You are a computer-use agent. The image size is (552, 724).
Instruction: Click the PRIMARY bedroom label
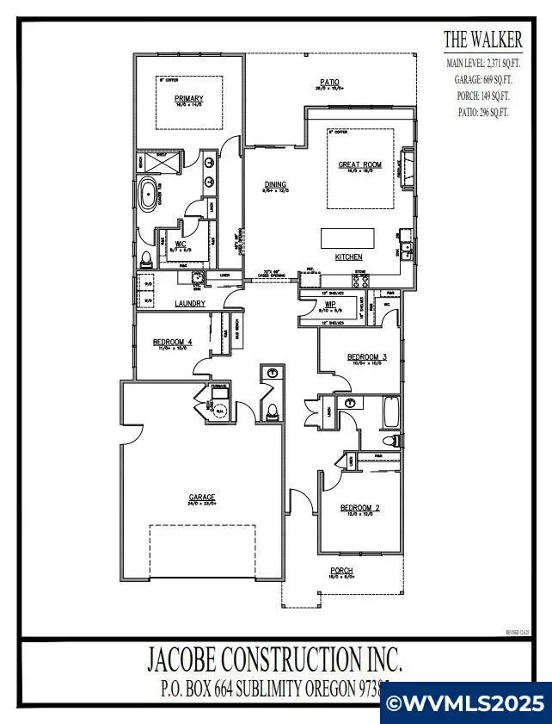click(x=189, y=99)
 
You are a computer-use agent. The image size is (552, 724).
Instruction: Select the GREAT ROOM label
click(x=359, y=164)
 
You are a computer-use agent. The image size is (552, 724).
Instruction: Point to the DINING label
click(x=275, y=184)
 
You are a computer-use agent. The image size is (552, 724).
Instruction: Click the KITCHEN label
click(x=348, y=257)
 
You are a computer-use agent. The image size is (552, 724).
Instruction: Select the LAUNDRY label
click(x=189, y=304)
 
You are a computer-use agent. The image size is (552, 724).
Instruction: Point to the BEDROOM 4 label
click(x=172, y=342)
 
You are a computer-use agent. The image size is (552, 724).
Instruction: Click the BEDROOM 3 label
click(x=367, y=357)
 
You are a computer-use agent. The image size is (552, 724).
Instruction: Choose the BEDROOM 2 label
click(x=359, y=509)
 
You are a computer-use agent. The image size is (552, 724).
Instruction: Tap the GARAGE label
click(x=202, y=497)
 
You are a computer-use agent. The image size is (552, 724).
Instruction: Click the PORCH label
click(x=342, y=571)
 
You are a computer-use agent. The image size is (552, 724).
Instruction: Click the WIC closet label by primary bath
click(x=181, y=244)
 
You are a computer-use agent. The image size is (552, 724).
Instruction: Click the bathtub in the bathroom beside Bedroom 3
click(x=390, y=413)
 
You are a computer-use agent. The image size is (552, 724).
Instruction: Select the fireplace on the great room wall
click(x=409, y=167)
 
